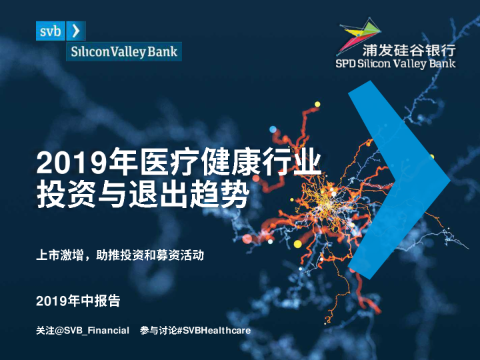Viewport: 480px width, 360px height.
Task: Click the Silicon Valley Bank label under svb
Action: pos(109,51)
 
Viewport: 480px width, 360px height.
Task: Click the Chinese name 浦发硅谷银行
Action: pos(409,50)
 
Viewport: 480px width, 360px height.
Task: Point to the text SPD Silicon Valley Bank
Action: pos(395,63)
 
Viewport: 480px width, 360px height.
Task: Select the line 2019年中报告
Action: pos(78,301)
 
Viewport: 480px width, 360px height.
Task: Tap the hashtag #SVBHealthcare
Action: pos(215,331)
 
